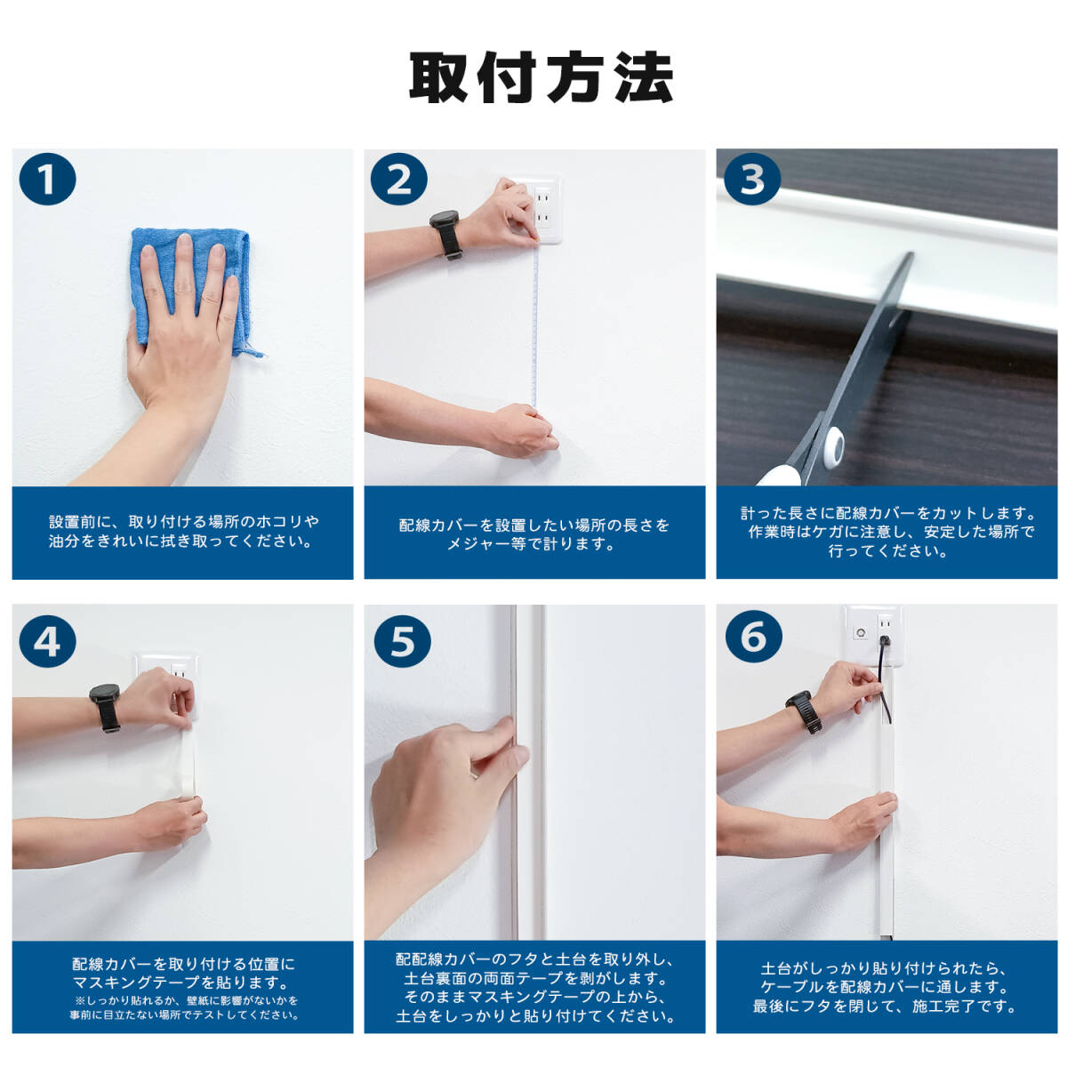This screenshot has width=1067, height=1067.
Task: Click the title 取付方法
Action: (x=541, y=77)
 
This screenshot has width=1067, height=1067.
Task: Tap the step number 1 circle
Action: (x=48, y=179)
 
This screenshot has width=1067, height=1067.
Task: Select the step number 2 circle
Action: (x=399, y=179)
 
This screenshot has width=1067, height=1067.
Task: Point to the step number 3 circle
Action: (x=752, y=179)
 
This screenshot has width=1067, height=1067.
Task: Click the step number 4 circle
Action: (x=48, y=640)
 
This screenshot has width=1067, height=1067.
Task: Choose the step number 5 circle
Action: (x=403, y=640)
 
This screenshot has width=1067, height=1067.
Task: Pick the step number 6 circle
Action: (x=753, y=636)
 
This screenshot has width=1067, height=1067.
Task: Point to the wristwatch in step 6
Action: (x=804, y=712)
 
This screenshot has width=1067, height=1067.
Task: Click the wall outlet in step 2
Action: (x=535, y=209)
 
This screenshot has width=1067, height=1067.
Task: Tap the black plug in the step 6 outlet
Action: (x=883, y=642)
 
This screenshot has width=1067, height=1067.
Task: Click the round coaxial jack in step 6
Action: (x=861, y=632)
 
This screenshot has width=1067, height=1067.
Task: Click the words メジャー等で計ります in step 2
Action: (x=531, y=544)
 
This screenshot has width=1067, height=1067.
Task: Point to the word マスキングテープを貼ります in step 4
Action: (x=181, y=983)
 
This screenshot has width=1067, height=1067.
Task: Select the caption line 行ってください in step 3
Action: (x=886, y=551)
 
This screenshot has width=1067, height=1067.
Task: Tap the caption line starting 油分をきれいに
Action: (x=181, y=542)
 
